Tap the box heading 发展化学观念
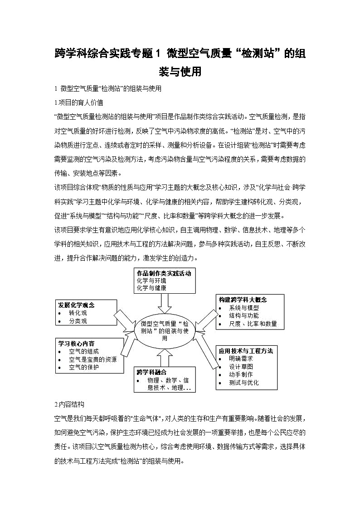pos(76,305)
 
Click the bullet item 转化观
pos(78,313)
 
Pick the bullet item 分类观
pos(78,321)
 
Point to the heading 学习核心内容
pos(76,343)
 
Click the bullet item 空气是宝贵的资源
pos(92,359)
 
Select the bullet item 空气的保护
pos(84,367)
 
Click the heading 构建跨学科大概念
pos(243,300)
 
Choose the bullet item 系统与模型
pos(244,308)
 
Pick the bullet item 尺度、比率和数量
pos(253,324)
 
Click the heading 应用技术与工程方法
pos(246,351)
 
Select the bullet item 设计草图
pos(241,366)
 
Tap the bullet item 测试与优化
pos(244,382)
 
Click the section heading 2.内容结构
pos(69,404)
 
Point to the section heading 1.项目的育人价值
pos(78,103)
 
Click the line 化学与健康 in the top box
pos(151,288)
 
